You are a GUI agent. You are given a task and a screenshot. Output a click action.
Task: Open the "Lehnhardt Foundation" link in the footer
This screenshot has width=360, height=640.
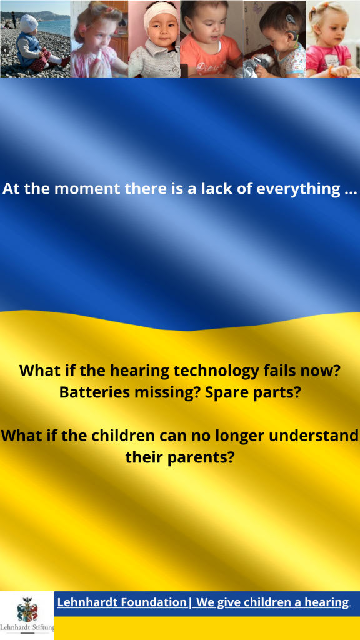coord(122,602)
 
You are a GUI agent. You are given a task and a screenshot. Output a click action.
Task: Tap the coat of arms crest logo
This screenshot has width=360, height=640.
coord(27,609)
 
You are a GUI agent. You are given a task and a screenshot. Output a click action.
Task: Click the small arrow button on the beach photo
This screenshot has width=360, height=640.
coord(5,50)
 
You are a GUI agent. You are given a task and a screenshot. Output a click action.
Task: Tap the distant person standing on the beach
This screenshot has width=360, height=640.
coord(14,19)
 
